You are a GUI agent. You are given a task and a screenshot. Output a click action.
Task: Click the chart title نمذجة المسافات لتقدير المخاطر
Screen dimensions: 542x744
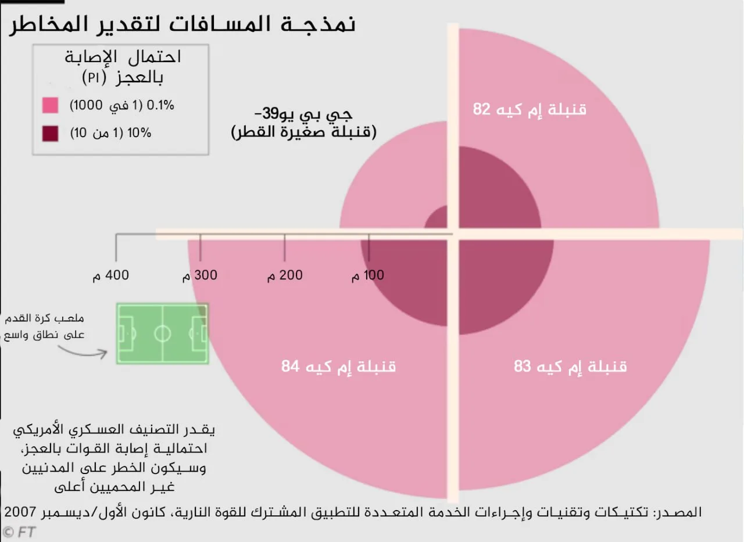pyautogui.click(x=181, y=24)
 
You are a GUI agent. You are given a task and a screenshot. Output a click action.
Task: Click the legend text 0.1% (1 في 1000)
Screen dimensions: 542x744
pyautogui.click(x=122, y=106)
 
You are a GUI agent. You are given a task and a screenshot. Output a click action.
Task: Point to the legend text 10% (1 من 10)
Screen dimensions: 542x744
pyautogui.click(x=110, y=133)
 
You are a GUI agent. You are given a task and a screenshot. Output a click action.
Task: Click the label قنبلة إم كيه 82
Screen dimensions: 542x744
pyautogui.click(x=530, y=109)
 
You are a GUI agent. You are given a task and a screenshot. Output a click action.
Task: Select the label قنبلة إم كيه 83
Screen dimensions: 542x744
pyautogui.click(x=570, y=367)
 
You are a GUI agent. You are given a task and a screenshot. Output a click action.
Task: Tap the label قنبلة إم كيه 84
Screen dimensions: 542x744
pyautogui.click(x=338, y=367)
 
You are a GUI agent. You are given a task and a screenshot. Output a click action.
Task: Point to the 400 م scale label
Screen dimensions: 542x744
pyautogui.click(x=110, y=275)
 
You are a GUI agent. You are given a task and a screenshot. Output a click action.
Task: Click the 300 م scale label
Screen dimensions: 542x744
pyautogui.click(x=199, y=275)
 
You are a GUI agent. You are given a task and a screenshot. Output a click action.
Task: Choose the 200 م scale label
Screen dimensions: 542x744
pyautogui.click(x=284, y=275)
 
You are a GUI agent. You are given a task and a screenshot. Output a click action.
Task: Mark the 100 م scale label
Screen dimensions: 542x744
pyautogui.click(x=368, y=275)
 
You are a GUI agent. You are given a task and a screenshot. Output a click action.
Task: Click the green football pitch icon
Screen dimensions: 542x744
pyautogui.click(x=162, y=333)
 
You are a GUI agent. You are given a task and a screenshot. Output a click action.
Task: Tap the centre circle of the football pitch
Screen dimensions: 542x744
pyautogui.click(x=162, y=333)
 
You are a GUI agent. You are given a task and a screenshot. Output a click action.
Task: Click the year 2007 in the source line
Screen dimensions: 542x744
pyautogui.click(x=22, y=512)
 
